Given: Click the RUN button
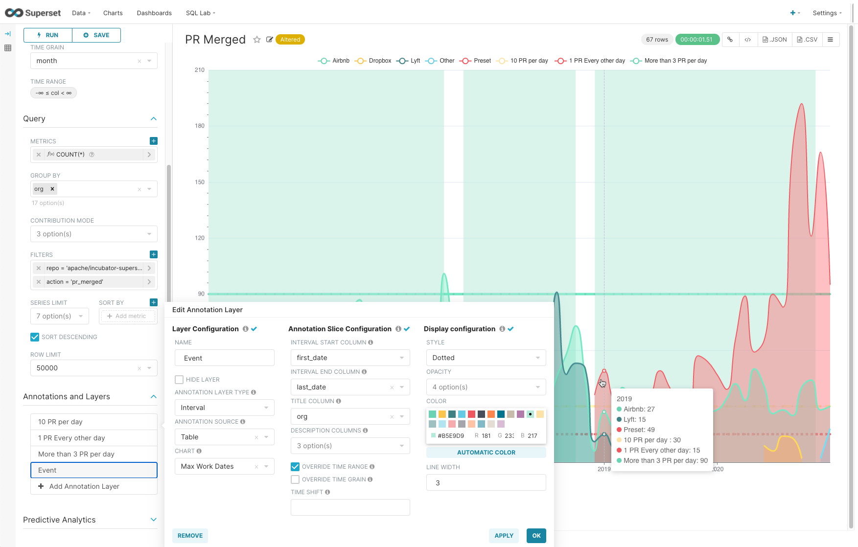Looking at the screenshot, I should (x=48, y=35).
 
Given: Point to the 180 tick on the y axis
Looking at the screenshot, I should (x=200, y=126).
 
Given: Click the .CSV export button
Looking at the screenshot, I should (x=807, y=40).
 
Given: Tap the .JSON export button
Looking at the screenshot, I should (x=775, y=40).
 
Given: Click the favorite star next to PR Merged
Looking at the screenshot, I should (x=257, y=40).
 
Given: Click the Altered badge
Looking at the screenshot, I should (x=290, y=40).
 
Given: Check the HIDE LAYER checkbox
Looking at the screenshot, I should (x=179, y=380).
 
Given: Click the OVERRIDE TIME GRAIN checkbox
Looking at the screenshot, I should (x=295, y=479).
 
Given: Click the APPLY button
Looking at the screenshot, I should (x=504, y=536).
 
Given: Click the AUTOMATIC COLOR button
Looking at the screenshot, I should (x=486, y=453).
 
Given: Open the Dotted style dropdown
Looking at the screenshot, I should (x=486, y=358).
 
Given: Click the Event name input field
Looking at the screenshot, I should (x=225, y=358).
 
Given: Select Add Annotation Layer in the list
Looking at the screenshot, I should (x=84, y=486).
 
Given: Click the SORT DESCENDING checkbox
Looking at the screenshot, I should (x=35, y=337).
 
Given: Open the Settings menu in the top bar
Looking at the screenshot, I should (x=827, y=13).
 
